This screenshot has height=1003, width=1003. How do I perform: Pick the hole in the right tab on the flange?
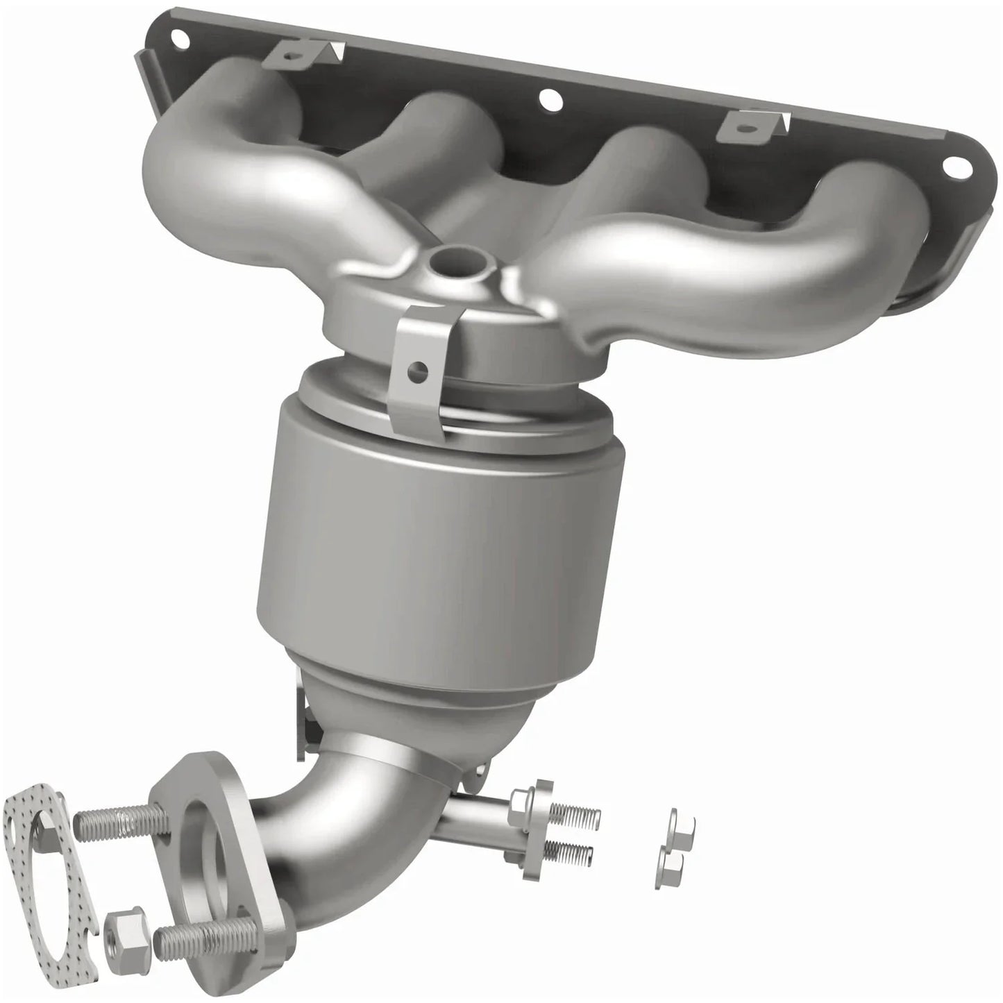tap(743, 128)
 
